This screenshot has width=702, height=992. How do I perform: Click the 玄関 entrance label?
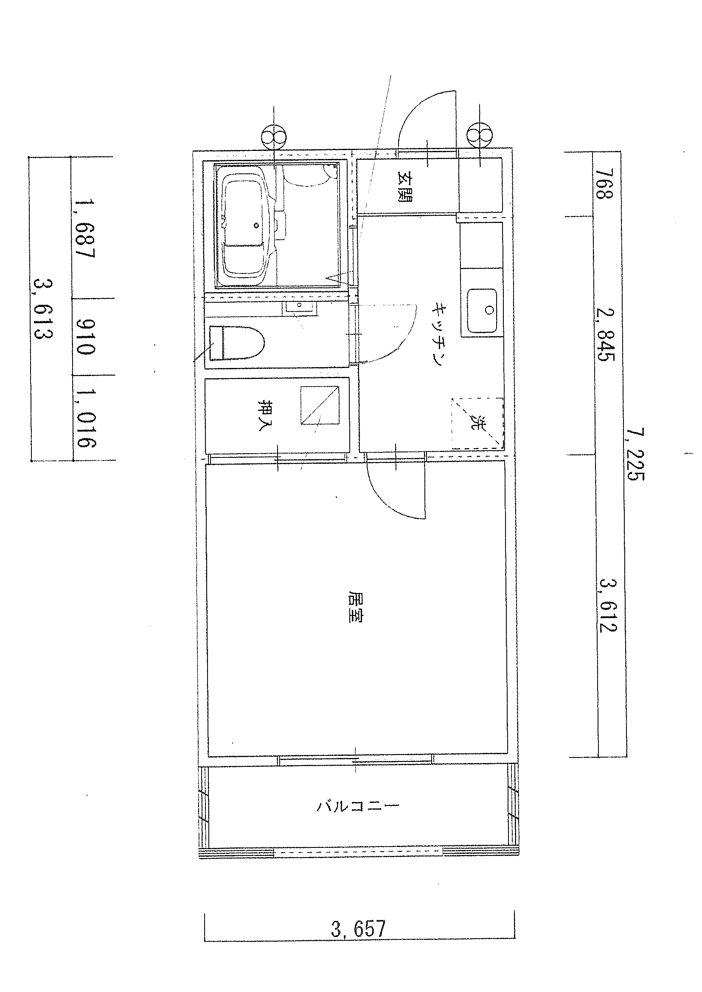pos(405,187)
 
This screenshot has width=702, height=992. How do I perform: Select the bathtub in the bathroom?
pos(244,226)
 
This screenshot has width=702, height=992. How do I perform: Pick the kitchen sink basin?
pos(482,311)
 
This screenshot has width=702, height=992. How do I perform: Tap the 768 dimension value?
pos(604,183)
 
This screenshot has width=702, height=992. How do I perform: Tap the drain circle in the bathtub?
pos(256,225)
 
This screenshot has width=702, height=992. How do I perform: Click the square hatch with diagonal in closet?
pos(320,405)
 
